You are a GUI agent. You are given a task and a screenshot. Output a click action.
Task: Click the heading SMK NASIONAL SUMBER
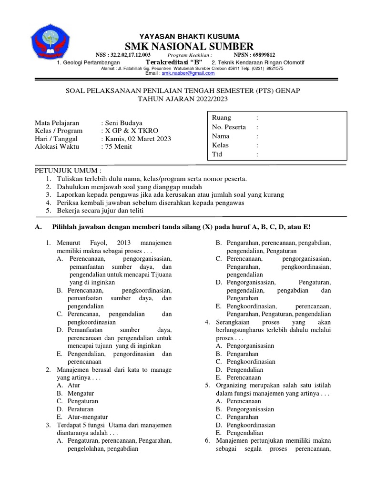(189, 46)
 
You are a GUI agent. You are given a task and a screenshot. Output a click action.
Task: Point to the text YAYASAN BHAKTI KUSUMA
(189, 36)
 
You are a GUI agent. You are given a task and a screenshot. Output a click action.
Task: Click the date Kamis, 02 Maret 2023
(138, 139)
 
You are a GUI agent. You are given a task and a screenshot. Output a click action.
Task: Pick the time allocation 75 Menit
(119, 147)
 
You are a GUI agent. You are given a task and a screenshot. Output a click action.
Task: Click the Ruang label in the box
(222, 118)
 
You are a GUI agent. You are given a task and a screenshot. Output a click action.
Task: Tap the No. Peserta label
(229, 127)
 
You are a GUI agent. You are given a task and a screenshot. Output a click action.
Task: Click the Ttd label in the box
(217, 154)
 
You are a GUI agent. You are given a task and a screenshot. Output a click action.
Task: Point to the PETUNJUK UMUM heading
(68, 171)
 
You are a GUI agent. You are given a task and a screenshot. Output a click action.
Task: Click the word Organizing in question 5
(232, 385)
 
